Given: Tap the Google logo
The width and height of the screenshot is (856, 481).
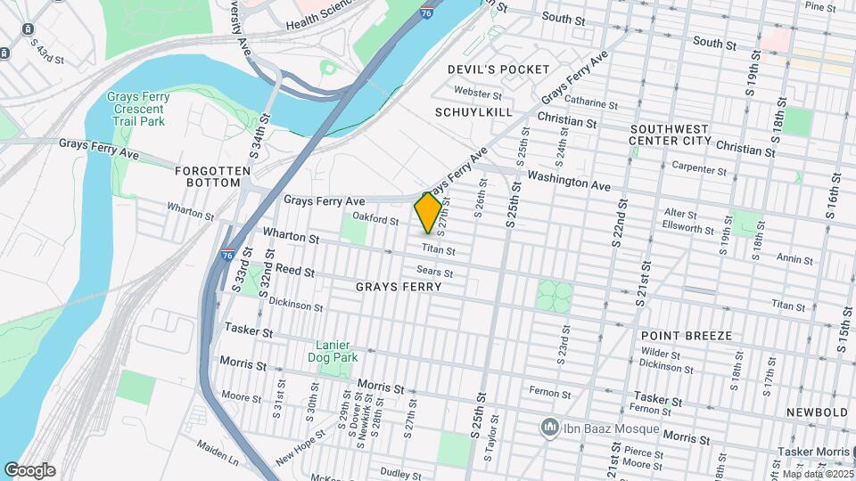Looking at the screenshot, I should point(29,470).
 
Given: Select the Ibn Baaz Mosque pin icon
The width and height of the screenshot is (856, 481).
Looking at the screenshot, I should point(550,428).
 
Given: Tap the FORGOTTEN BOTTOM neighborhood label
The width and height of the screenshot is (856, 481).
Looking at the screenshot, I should point(208,175).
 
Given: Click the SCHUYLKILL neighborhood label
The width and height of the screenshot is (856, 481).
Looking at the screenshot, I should point(473,112).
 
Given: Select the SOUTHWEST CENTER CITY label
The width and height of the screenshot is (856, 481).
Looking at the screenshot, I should point(669,135).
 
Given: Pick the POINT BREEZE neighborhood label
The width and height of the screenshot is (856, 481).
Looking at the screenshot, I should point(686,336).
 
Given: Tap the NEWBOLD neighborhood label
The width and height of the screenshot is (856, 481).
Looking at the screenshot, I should point(817,412).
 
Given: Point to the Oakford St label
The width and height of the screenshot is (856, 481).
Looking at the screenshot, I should point(375,218).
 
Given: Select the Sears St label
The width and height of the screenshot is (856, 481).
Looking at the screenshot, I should point(435,273).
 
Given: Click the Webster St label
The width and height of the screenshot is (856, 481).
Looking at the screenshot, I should point(473,91).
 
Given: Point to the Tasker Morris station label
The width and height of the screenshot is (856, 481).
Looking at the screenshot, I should point(816,452).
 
